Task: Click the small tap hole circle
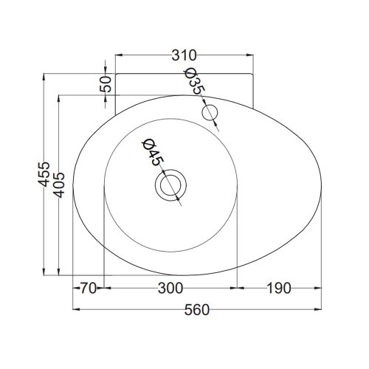point(211,113)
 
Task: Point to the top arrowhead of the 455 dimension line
point(45,75)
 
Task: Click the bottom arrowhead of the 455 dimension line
point(45,275)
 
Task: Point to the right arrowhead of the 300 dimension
point(236,288)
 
